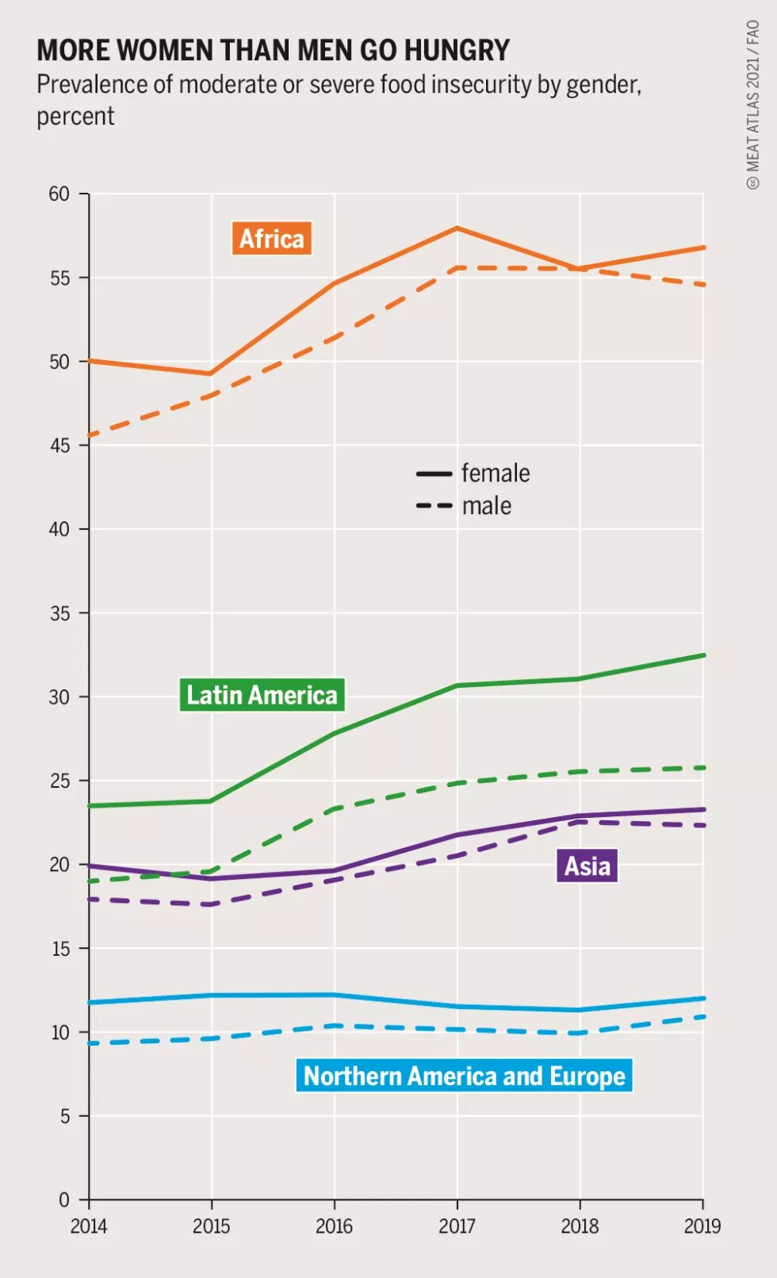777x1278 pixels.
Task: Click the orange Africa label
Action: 271,239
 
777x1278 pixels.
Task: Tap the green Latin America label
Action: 262,695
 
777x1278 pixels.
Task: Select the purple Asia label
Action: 587,865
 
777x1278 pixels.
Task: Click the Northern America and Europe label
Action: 464,1076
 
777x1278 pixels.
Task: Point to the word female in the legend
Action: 496,474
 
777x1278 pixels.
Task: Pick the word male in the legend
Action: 487,506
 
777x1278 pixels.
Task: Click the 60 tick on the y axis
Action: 59,194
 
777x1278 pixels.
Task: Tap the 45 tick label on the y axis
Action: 59,446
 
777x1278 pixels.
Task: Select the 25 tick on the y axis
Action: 59,781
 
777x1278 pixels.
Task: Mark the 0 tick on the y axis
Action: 64,1200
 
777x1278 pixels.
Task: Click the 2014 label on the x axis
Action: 89,1226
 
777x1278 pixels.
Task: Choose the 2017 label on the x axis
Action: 457,1226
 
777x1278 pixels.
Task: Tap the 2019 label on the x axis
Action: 702,1226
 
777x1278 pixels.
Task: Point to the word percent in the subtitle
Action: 76,117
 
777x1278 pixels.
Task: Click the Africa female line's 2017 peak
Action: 457,228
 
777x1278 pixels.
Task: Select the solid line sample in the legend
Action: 434,474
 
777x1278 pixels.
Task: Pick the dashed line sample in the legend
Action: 434,506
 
